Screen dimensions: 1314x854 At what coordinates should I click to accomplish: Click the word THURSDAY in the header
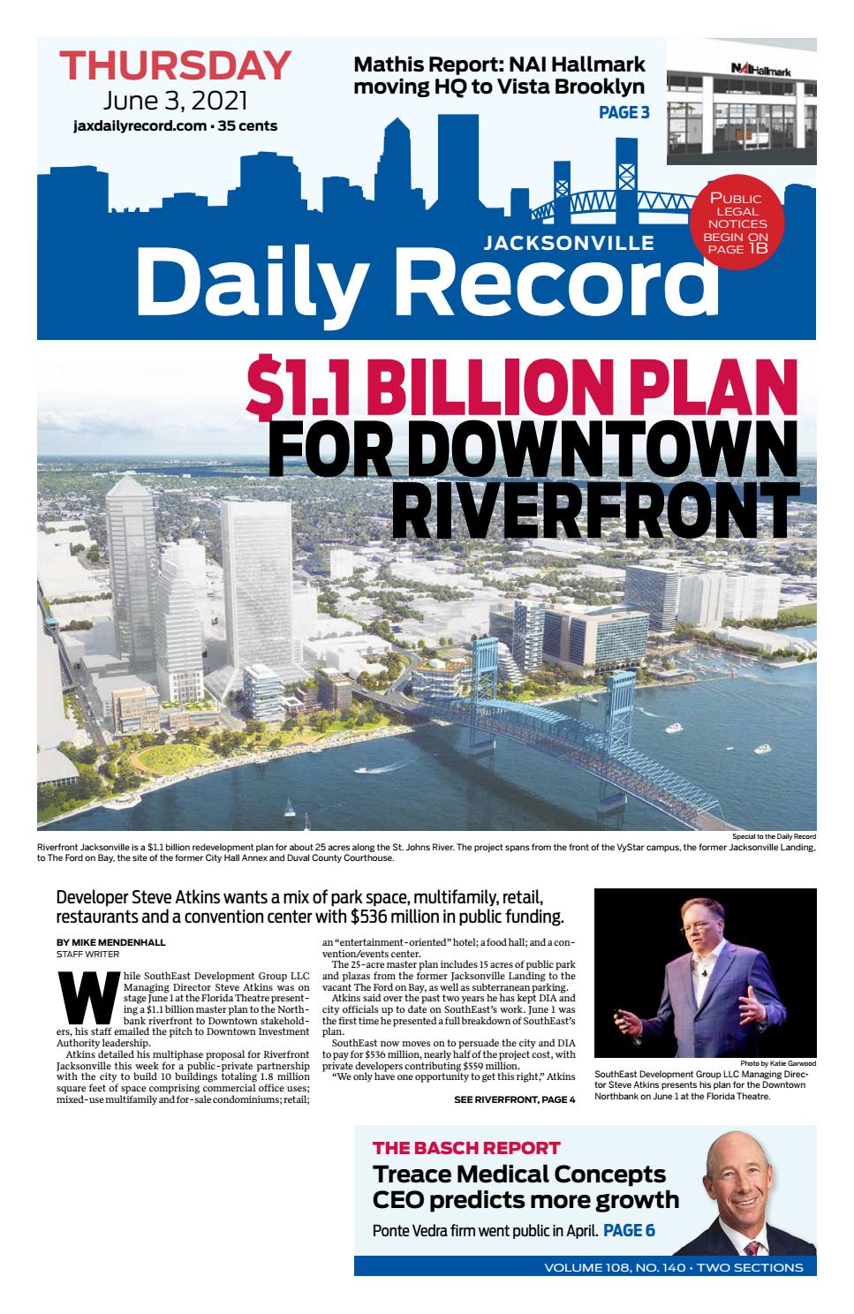(175, 66)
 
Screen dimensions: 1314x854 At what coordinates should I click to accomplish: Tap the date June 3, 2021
(175, 99)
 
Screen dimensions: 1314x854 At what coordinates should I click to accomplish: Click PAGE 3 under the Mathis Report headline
(623, 112)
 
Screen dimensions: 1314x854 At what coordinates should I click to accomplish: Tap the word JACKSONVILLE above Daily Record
(569, 243)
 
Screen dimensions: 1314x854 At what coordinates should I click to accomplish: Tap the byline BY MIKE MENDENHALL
(110, 942)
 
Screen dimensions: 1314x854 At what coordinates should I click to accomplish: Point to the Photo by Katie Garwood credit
(778, 1063)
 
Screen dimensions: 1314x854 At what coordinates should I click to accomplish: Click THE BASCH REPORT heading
(465, 1148)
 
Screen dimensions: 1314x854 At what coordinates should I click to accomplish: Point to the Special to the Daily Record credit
(774, 836)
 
